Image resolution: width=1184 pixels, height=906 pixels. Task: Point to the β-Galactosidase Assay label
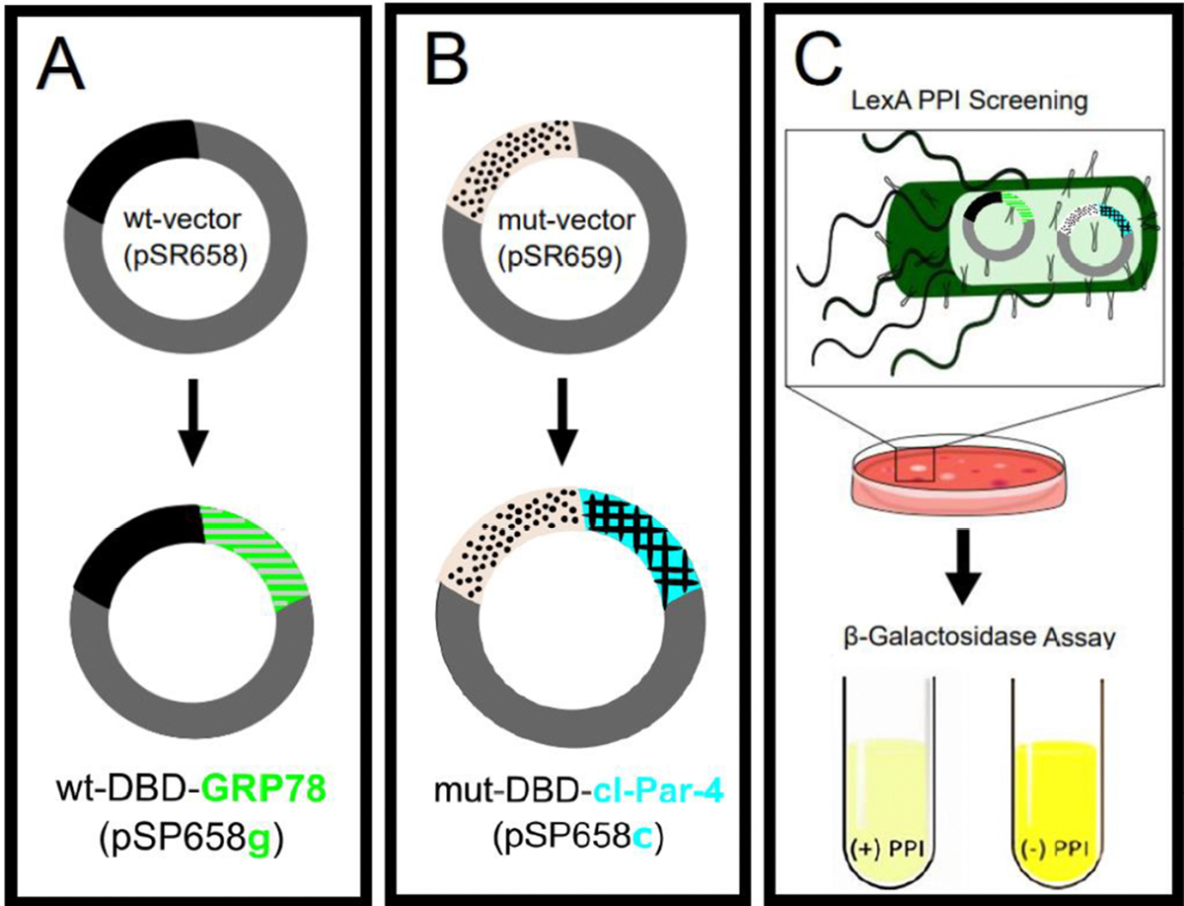point(970,639)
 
